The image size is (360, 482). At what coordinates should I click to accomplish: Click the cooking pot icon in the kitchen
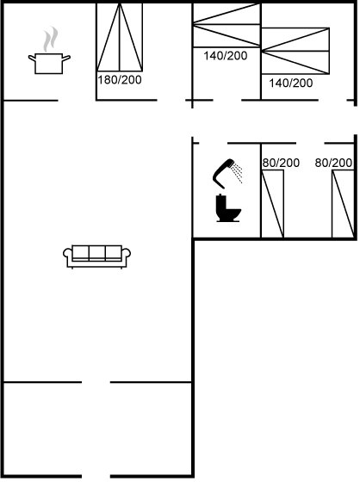[49, 64]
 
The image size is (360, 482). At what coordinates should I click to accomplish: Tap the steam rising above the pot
[51, 39]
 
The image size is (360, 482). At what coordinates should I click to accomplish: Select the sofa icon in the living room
[97, 256]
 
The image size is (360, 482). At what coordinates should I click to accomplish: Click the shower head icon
[227, 173]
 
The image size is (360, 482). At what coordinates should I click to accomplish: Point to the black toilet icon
[228, 208]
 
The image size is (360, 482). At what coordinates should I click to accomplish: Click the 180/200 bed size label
[120, 80]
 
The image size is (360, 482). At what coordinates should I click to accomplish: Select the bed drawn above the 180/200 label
[120, 37]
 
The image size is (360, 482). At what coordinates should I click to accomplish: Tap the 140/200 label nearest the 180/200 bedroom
[226, 56]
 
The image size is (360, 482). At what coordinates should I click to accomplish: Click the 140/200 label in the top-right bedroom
[291, 83]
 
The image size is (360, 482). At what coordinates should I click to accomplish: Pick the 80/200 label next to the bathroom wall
[281, 163]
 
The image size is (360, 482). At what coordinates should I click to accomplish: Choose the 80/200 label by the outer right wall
[333, 163]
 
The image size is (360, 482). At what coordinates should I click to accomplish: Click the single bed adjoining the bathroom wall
[272, 204]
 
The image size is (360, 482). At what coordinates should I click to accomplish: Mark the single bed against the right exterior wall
[343, 204]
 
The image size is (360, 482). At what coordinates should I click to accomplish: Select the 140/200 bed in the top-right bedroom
[295, 51]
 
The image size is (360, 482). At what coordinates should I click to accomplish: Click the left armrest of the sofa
[68, 255]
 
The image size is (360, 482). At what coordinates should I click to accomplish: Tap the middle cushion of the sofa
[97, 253]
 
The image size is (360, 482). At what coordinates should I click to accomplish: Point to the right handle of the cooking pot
[66, 58]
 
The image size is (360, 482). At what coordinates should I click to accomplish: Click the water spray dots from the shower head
[237, 173]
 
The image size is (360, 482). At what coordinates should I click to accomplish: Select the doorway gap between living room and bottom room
[96, 382]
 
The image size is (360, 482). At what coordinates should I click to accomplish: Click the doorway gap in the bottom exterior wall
[96, 477]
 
